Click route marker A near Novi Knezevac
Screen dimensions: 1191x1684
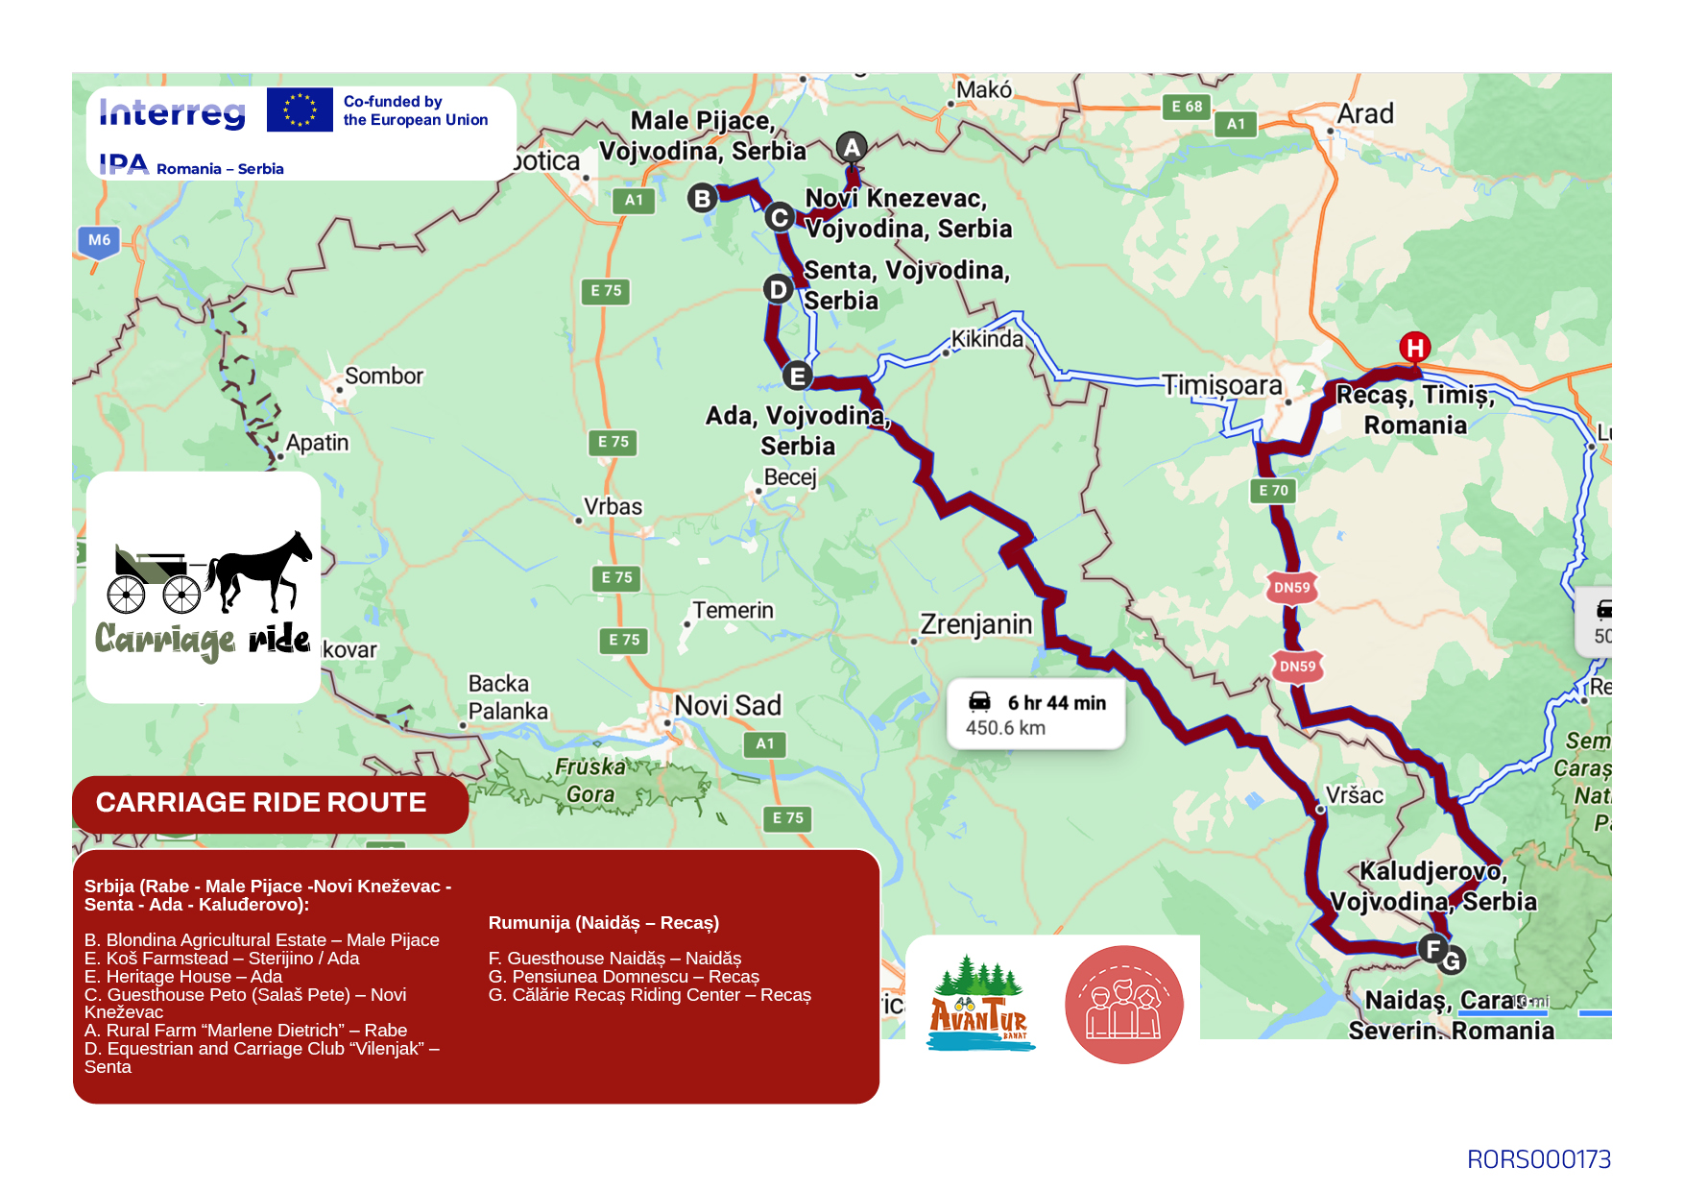[x=852, y=148]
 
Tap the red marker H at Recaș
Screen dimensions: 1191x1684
[x=1414, y=347]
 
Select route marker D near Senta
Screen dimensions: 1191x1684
[x=778, y=289]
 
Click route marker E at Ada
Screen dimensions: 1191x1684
[x=797, y=376]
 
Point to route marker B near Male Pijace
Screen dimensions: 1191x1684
[x=703, y=198]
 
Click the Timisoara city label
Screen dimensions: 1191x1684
[x=1221, y=385]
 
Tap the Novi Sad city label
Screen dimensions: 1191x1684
[x=727, y=705]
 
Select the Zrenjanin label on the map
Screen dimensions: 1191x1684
[x=975, y=624]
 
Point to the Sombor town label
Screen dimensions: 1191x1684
[x=383, y=376]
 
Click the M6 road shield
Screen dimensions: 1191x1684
[x=99, y=240]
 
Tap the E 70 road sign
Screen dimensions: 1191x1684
[x=1274, y=490]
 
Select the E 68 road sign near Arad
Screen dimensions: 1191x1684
[x=1187, y=107]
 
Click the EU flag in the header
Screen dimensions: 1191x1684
[x=300, y=109]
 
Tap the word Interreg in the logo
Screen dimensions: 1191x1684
[x=173, y=112]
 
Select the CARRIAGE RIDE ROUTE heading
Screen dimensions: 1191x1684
[x=261, y=802]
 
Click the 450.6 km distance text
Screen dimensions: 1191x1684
[x=1005, y=728]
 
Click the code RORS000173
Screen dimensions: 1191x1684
[x=1538, y=1159]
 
